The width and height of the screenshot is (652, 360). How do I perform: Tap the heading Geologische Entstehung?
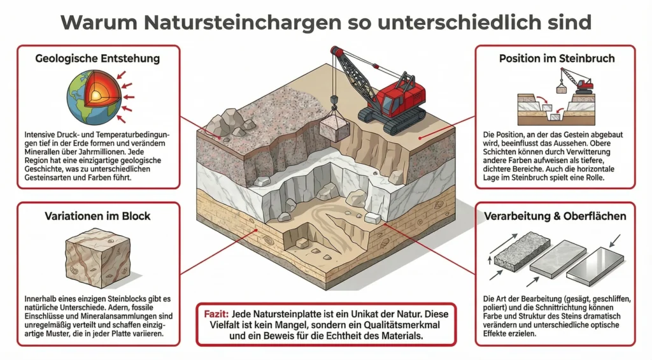97,58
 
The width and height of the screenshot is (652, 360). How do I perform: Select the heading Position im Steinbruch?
556,58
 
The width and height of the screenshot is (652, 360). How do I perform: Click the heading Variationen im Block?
97,216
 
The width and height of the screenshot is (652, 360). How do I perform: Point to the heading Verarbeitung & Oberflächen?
555,216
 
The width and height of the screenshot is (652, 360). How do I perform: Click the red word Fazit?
216,313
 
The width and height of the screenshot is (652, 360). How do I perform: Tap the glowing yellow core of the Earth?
96,96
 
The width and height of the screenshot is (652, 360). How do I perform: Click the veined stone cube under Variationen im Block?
98,257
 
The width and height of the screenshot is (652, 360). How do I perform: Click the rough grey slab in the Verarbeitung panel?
522,252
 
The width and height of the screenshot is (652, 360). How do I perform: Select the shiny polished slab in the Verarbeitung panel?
595,266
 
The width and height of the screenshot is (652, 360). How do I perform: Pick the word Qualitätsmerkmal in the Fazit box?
402,324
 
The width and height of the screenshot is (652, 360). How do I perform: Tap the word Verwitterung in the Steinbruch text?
586,152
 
